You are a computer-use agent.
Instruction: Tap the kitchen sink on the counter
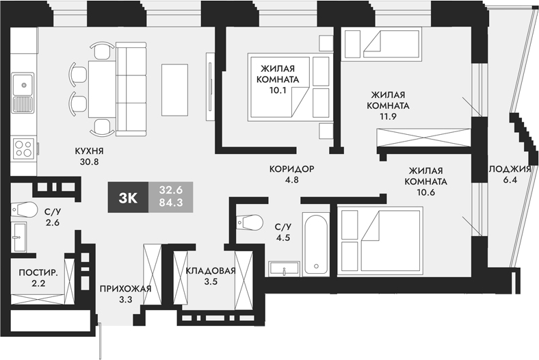23,94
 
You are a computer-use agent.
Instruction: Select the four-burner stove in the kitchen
23,149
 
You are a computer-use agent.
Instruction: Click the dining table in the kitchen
103,88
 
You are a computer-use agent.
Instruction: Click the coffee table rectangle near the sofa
174,89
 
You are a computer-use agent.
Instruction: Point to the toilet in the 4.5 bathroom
247,221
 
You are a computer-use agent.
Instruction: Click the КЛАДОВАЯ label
211,270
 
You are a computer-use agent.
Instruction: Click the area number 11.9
388,117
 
